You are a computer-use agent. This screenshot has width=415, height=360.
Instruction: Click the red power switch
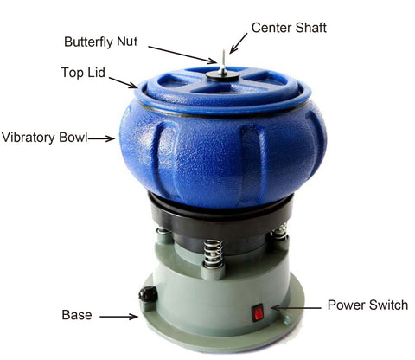258,312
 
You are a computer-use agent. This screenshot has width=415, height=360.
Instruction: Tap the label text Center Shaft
289,28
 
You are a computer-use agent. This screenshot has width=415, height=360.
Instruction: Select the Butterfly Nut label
100,42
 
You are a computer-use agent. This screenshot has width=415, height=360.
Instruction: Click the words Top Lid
83,73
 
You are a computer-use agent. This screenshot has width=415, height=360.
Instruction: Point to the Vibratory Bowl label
44,138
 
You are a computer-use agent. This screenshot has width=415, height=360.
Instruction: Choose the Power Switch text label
367,305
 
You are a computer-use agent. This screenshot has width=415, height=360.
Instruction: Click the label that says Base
77,315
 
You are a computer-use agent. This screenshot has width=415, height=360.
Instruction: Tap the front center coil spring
213,254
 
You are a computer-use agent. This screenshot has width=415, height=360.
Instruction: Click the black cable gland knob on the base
148,294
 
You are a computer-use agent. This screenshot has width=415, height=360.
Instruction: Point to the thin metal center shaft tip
223,51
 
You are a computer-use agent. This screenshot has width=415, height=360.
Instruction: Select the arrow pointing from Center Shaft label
238,43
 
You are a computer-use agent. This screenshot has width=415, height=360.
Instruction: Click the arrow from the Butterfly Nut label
182,55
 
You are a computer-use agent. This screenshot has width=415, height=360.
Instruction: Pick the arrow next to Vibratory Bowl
101,138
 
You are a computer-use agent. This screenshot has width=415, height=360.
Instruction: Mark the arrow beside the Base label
119,317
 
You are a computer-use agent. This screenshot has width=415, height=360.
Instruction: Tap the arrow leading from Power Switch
296,308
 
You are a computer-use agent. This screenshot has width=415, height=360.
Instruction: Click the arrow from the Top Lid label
123,82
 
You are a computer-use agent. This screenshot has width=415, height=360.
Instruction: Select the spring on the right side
279,232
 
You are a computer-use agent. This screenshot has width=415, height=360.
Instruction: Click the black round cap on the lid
222,77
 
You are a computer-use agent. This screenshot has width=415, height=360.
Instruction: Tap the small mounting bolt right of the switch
287,319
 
